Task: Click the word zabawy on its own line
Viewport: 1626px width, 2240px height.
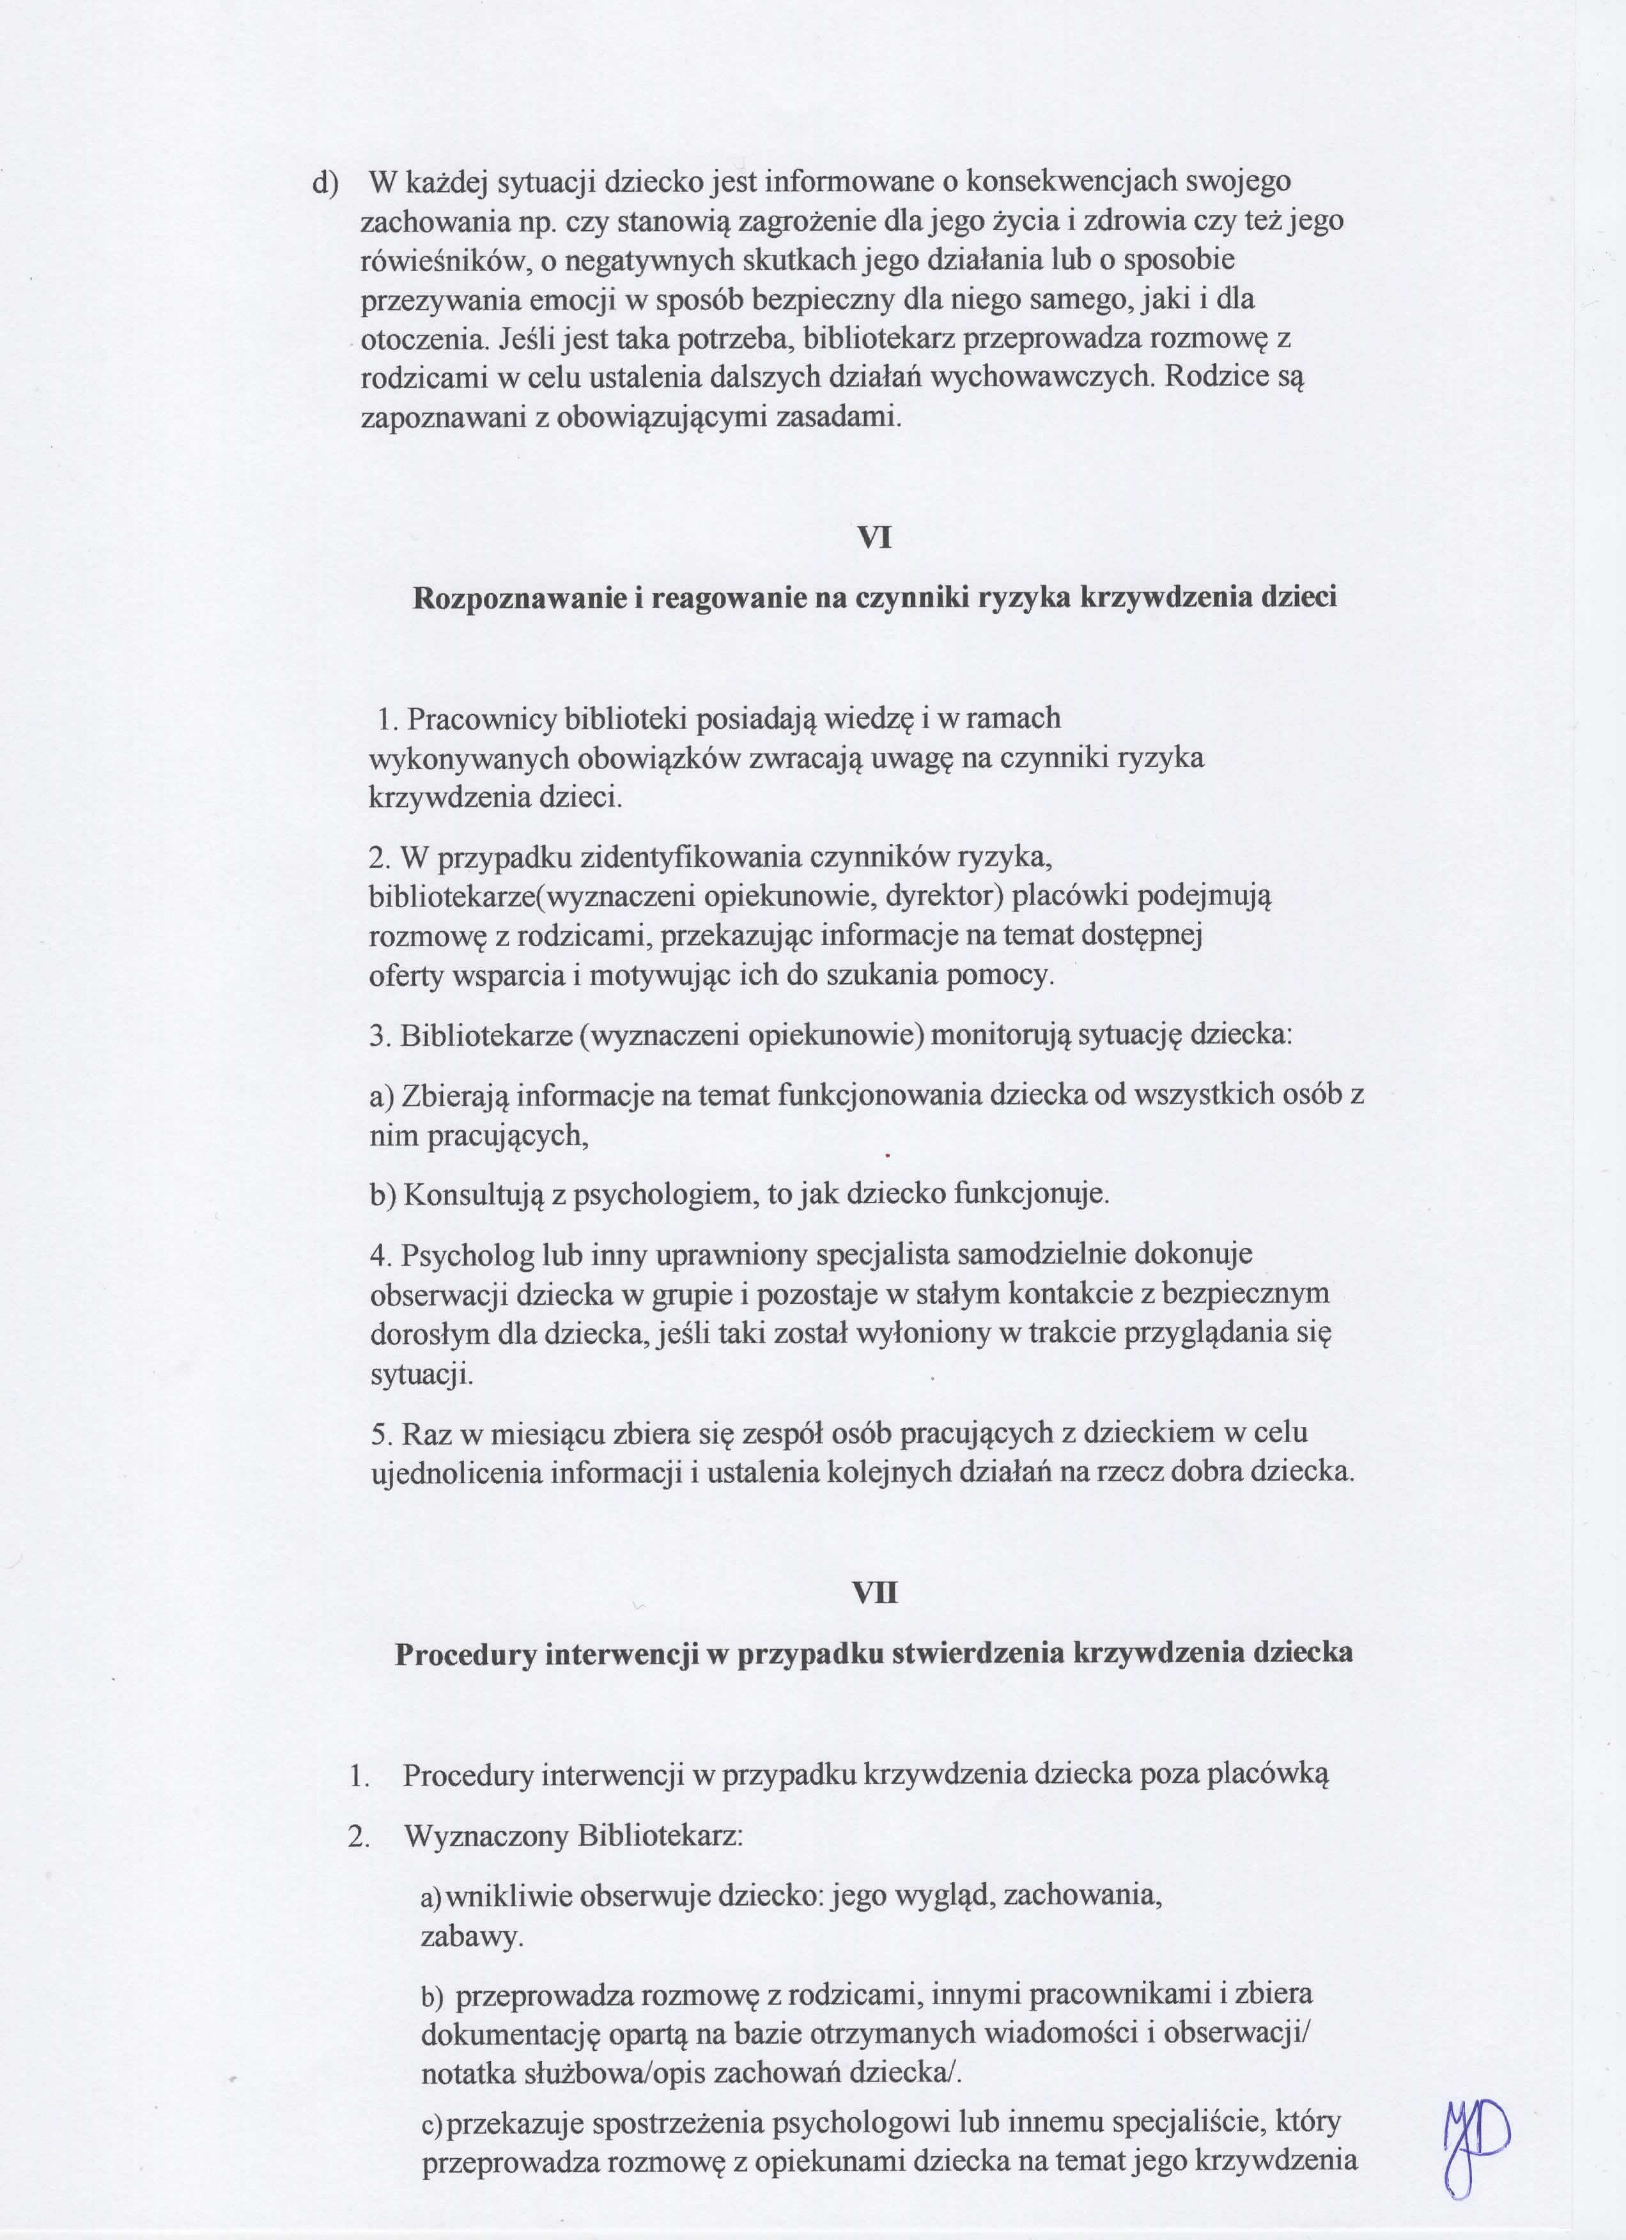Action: point(471,1937)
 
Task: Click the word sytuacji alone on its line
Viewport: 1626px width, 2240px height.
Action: point(422,1374)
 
